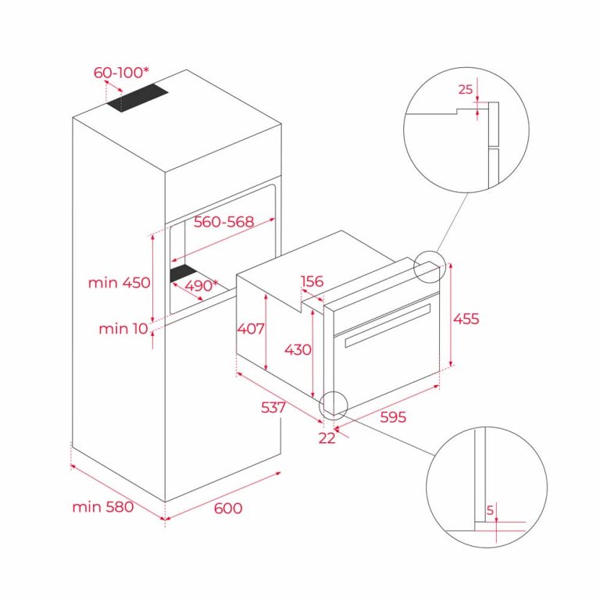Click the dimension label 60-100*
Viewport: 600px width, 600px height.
(x=121, y=73)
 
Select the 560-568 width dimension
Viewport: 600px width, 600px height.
(x=223, y=222)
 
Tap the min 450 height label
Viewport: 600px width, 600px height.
(x=119, y=283)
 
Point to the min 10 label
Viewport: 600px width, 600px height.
(x=123, y=329)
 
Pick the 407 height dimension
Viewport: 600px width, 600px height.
(x=250, y=328)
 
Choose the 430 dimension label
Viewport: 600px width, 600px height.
(x=297, y=349)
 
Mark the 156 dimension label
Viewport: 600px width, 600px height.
(x=312, y=281)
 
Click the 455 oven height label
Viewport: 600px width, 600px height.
(x=466, y=319)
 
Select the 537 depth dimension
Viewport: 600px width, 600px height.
(x=274, y=407)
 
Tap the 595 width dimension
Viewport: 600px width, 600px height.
(x=393, y=417)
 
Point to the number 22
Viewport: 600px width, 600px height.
(x=327, y=438)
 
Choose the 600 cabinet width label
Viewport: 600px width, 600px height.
(x=227, y=509)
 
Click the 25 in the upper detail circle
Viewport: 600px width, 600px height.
(x=466, y=90)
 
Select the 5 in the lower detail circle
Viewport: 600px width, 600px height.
(x=490, y=510)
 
